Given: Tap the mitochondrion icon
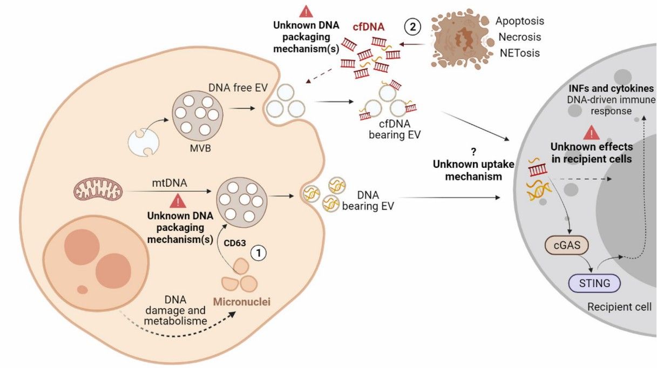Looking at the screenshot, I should [x=98, y=190].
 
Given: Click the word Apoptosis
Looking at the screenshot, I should [x=519, y=21].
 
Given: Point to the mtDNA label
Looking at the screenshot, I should [x=169, y=183].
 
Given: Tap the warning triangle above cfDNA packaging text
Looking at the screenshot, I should [x=306, y=11].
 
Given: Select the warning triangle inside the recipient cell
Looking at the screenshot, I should [x=593, y=132].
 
